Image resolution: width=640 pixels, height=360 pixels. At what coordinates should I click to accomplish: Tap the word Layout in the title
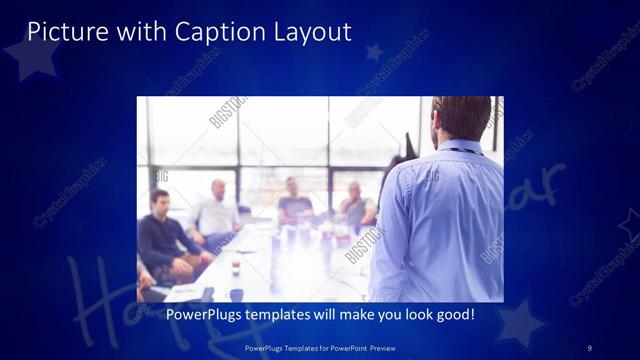tap(313, 32)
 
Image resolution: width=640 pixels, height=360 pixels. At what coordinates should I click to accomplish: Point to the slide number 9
tap(589, 347)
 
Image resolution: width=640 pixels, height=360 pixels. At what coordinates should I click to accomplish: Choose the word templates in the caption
tap(283, 315)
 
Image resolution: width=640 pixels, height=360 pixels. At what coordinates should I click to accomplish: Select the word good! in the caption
tap(454, 315)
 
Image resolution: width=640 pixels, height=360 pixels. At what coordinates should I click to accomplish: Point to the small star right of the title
tap(375, 51)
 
